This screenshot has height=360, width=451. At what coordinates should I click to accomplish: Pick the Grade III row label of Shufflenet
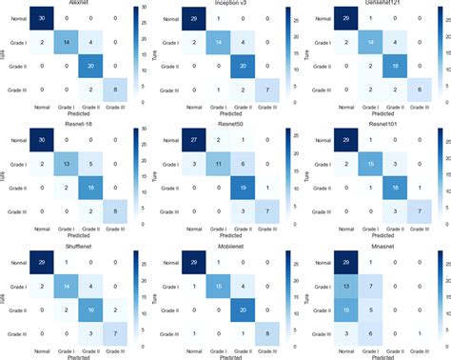pos(10,331)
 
